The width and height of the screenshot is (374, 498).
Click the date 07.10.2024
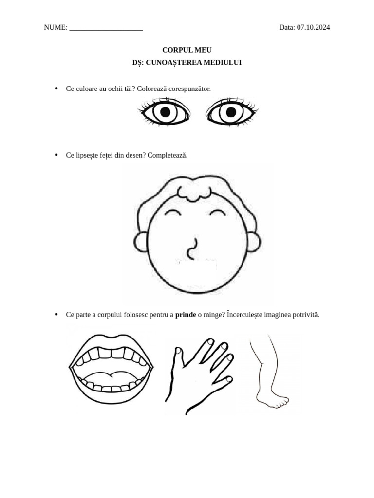pos(313,27)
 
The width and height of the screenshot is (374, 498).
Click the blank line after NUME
pos(106,30)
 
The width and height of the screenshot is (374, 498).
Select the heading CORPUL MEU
pos(187,50)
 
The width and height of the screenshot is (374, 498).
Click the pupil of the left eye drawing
pos(165,112)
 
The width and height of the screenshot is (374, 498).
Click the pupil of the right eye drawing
pos(231,112)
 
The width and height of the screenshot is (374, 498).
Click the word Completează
pos(168,155)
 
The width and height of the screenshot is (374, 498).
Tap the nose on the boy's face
pos(192,249)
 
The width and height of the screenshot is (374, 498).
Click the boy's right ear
pos(253,242)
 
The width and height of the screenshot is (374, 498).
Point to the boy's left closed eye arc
pos(173,212)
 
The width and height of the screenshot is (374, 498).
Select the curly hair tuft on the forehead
pos(194,194)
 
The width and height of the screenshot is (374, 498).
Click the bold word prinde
pos(186,315)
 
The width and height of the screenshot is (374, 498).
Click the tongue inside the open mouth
pos(112,378)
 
